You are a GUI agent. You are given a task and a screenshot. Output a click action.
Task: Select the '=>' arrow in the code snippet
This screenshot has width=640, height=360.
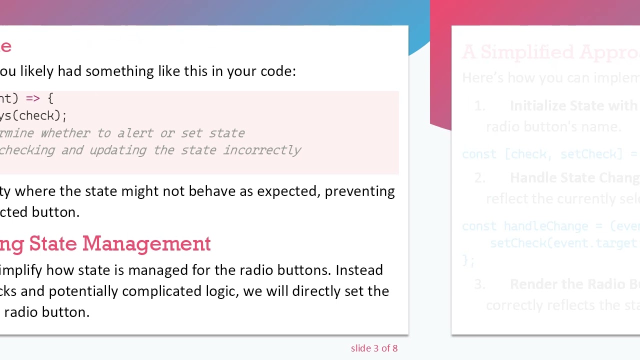32,98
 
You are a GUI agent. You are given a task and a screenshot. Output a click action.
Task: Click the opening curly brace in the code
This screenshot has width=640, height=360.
50,98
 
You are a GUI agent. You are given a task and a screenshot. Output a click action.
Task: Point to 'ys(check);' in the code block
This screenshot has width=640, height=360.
33,115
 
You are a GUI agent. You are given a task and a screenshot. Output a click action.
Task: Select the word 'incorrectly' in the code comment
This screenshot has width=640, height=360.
262,150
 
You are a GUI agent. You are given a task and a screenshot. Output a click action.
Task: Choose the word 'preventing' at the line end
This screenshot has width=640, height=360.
359,191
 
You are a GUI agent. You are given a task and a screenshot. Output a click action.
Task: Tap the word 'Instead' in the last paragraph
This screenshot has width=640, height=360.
359,270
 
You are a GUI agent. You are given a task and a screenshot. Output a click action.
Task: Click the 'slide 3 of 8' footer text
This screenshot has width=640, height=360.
374,348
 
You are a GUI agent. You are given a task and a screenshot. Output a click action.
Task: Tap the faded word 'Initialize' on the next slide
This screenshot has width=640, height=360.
539,106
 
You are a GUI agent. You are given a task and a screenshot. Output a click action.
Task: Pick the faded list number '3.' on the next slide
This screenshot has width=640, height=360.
479,284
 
